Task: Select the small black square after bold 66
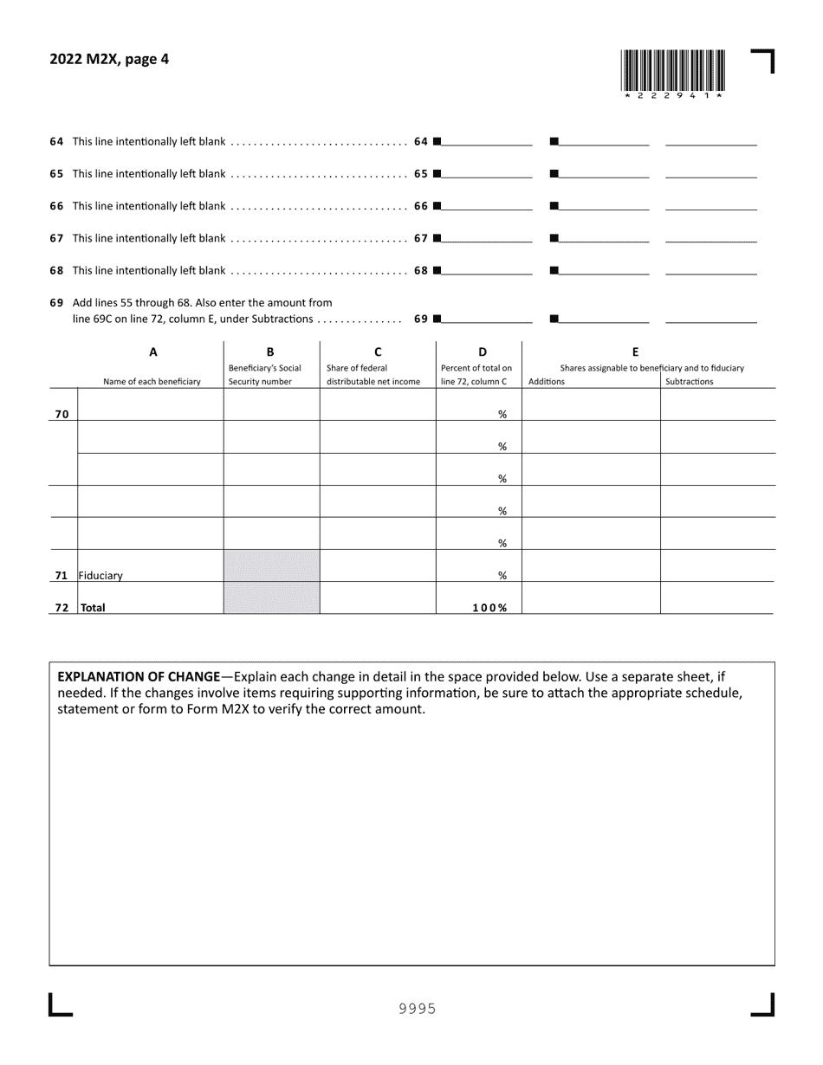click(x=437, y=206)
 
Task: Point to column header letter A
click(x=153, y=352)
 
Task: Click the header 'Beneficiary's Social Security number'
click(x=265, y=374)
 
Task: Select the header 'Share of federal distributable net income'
click(x=373, y=374)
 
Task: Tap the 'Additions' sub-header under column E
click(x=547, y=382)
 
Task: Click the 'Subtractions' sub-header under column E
click(x=690, y=382)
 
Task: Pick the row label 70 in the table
click(x=62, y=414)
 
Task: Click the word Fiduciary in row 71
click(x=101, y=575)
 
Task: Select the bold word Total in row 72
click(x=93, y=608)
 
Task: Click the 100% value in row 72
click(x=489, y=608)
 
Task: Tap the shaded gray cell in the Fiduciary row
click(x=271, y=565)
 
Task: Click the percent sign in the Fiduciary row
click(x=502, y=575)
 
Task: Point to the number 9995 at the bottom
click(x=417, y=1009)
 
